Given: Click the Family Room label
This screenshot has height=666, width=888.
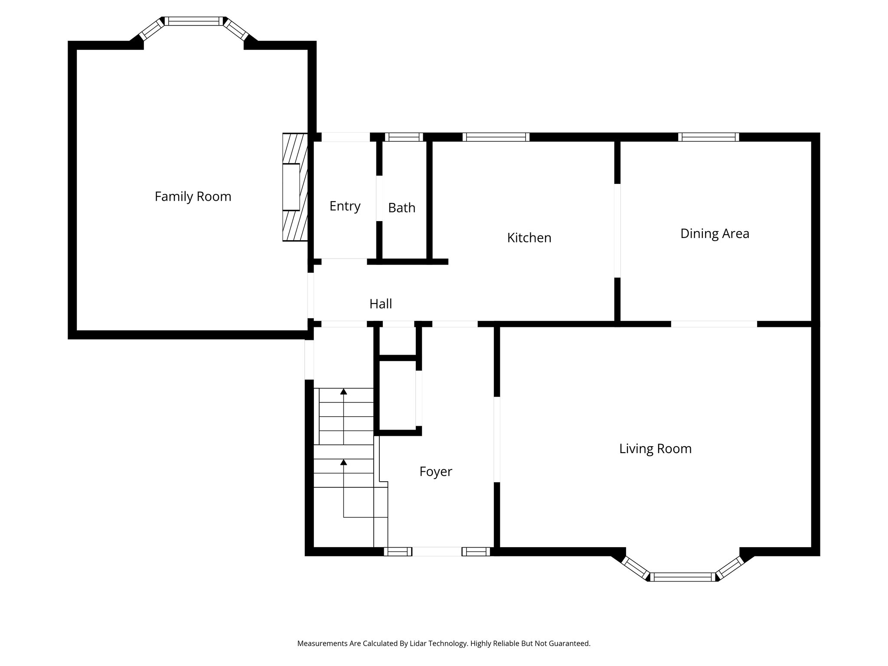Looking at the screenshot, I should (193, 196).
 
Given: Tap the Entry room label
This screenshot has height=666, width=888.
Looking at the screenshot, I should (345, 206).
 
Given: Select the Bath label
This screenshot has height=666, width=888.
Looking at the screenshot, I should (402, 208).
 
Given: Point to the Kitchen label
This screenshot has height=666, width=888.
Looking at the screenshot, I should (529, 238).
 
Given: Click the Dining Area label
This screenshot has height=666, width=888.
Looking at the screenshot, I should (715, 233).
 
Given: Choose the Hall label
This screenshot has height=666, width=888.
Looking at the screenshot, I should (381, 304).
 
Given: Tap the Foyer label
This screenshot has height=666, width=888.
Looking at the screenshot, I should (435, 471).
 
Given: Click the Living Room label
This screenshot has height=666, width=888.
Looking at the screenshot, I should (655, 448).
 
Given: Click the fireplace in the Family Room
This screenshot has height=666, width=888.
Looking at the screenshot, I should (294, 187).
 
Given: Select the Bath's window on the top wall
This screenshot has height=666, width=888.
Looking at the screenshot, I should (404, 137).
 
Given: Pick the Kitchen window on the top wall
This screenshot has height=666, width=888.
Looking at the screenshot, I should (496, 137).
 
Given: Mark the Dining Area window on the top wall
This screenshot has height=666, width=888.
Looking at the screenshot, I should (708, 137).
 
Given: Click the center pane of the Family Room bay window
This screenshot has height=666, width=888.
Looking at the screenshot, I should (193, 21).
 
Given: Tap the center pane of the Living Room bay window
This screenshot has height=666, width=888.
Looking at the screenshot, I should (682, 577).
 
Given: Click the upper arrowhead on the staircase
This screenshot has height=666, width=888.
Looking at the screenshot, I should (343, 392).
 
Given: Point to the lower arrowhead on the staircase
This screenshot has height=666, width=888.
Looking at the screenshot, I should (343, 462).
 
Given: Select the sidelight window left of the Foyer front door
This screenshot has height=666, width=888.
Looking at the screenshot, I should (398, 552).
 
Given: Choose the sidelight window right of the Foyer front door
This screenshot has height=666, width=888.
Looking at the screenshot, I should (476, 552).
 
